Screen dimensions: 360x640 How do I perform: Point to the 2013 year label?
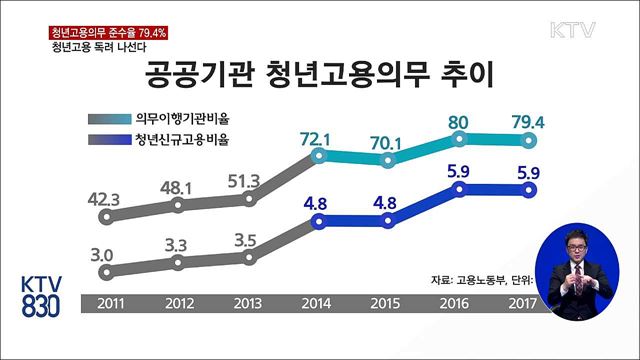pyautogui.click(x=247, y=301)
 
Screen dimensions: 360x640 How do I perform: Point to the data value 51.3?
pyautogui.click(x=246, y=179)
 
